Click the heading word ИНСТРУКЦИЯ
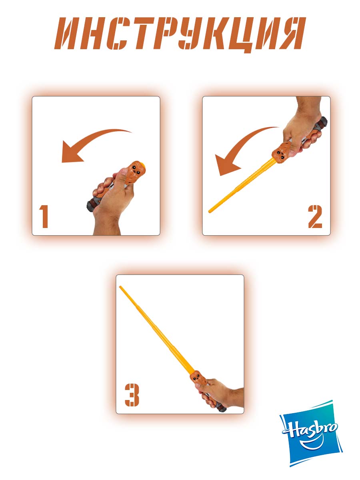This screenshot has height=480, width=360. pos(180,34)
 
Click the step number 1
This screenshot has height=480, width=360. pos(44,216)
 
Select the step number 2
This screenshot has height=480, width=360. pos(315,216)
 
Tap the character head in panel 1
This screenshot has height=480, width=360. pos(136,172)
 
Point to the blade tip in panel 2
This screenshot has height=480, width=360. pos(210,211)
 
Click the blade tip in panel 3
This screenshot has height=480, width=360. pos(120,287)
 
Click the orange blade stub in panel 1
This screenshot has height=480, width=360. pos(142,164)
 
